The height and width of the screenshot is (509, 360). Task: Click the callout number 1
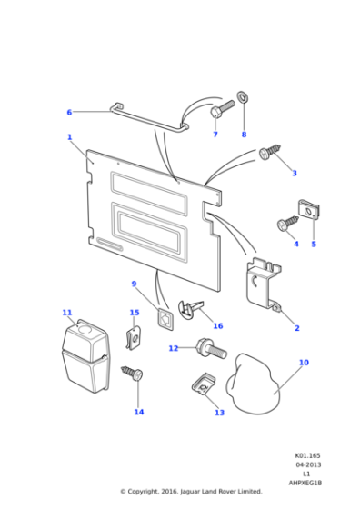(x=69, y=137)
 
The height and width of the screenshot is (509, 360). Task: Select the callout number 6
(x=69, y=113)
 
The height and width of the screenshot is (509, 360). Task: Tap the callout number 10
(x=304, y=363)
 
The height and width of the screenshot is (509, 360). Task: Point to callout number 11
(x=67, y=313)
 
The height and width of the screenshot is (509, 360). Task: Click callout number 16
(x=217, y=326)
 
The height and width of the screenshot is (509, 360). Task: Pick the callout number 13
(x=219, y=413)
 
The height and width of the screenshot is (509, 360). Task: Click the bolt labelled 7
(x=223, y=108)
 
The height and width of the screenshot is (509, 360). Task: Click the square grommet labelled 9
(x=165, y=317)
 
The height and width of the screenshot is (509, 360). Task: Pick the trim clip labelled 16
(x=194, y=309)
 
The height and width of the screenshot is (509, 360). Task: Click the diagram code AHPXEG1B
(x=306, y=482)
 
